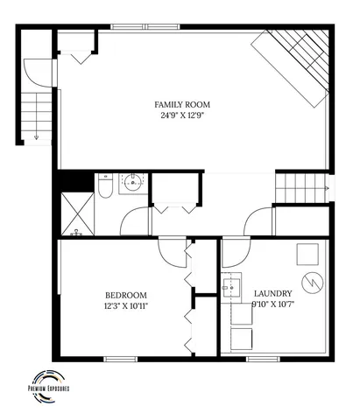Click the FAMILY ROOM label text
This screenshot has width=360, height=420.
point(183,105)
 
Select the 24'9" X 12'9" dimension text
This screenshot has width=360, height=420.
point(183,115)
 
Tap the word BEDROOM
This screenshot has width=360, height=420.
point(125,295)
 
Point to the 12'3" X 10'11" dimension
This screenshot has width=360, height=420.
point(125,306)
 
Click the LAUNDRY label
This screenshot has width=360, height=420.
point(272,293)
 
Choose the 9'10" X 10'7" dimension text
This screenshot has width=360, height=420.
point(272,304)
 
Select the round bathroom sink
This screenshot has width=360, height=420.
point(133,183)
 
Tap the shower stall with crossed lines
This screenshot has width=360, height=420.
point(76,215)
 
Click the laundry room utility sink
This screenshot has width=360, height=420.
point(233,286)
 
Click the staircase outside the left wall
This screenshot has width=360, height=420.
point(35,114)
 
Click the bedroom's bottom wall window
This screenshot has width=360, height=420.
point(121,359)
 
